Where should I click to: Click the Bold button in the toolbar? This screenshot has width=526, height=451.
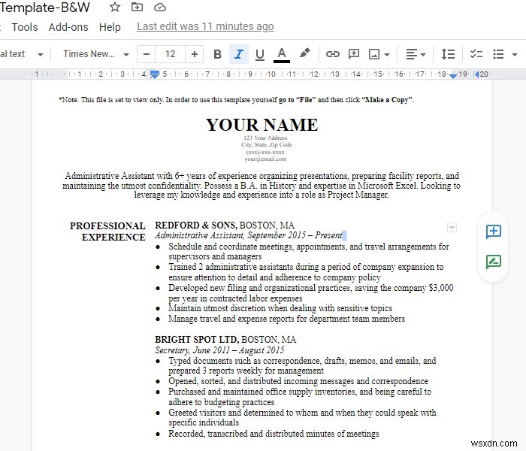point(218,54)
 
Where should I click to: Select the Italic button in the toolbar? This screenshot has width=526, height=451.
point(239,54)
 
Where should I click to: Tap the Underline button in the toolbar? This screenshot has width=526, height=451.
point(260,54)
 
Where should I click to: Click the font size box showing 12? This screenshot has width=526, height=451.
point(171,54)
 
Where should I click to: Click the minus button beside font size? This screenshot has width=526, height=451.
point(147,54)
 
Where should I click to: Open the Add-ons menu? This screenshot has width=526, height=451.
point(68,27)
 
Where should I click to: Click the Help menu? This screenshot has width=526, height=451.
point(110,27)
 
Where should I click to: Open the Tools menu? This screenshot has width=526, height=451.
point(25,27)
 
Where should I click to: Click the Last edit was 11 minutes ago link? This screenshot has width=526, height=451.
point(205,26)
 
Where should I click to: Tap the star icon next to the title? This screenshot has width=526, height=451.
point(114,7)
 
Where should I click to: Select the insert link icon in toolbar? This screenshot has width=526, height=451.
point(332,54)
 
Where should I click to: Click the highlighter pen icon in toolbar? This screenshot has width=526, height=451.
point(304,54)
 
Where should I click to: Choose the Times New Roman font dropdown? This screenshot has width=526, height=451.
point(95,54)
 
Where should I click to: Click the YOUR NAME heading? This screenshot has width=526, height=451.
point(261,125)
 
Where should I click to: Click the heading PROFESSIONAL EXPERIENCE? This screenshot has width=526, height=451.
point(107,232)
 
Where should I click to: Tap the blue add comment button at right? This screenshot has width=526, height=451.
point(494,232)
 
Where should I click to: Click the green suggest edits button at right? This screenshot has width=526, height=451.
point(494,262)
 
